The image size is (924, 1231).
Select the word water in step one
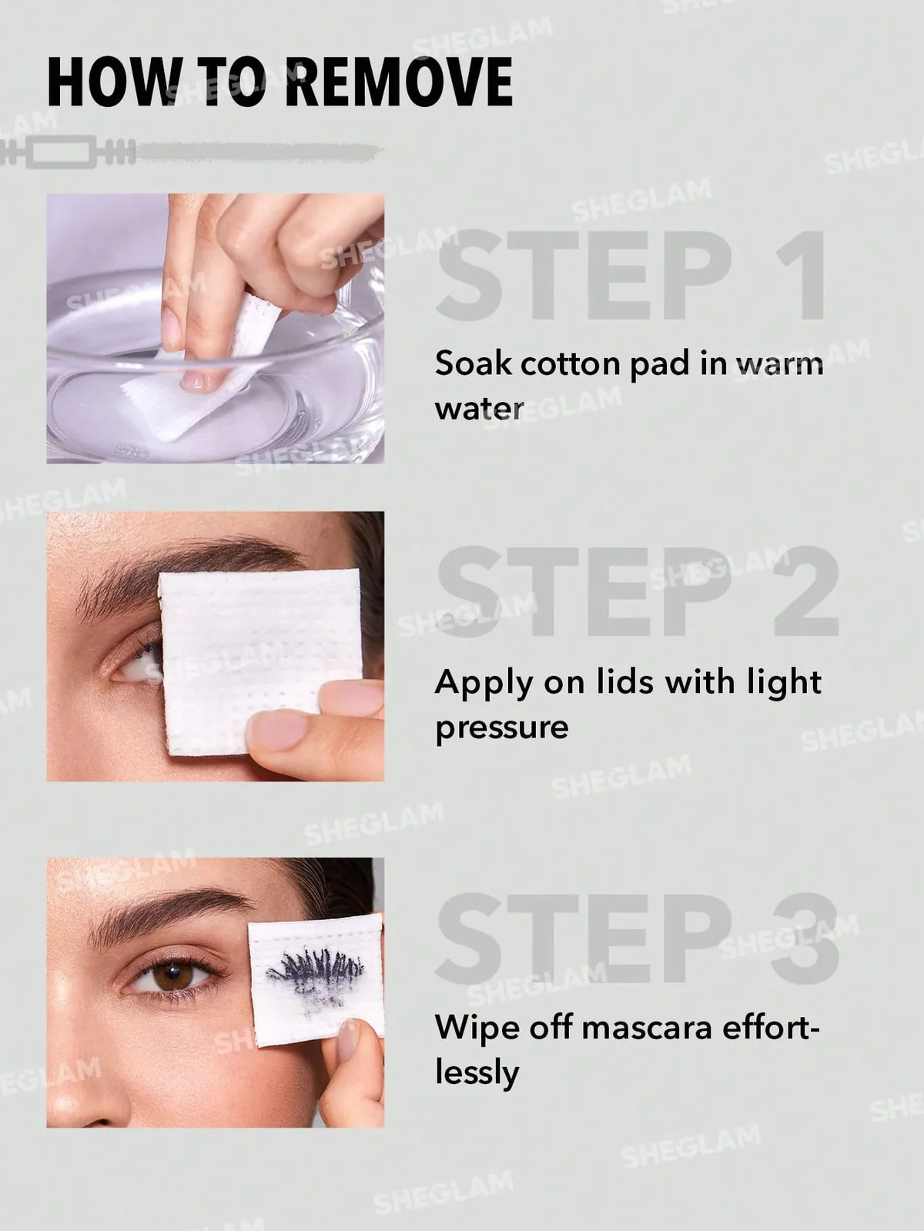click(x=479, y=408)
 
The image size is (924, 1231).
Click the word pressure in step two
click(x=501, y=728)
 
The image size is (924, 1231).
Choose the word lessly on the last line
click(x=477, y=1072)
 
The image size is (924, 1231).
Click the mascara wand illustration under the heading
click(x=192, y=152)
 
